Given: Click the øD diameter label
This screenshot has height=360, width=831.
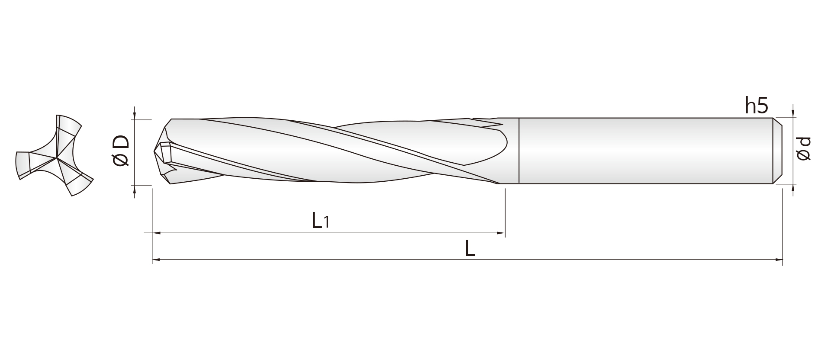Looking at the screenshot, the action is click(x=121, y=150).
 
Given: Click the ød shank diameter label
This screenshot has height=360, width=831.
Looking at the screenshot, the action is click(x=803, y=149).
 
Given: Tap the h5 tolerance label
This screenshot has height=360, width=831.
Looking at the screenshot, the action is click(x=756, y=106).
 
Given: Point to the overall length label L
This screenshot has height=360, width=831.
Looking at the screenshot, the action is click(x=470, y=248).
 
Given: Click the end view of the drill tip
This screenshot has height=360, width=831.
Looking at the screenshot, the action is click(x=55, y=155).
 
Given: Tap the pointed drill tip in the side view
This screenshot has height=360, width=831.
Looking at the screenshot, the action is click(x=155, y=151).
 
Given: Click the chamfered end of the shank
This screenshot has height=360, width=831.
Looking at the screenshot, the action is click(x=777, y=151).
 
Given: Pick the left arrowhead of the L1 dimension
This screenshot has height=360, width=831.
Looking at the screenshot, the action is click(x=157, y=233).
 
